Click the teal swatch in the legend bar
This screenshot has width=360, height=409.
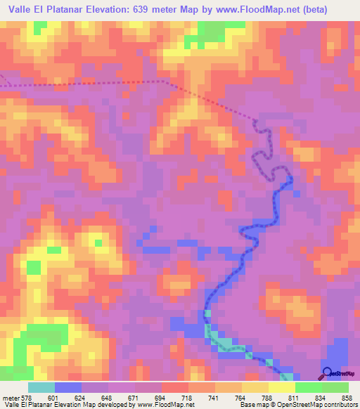point(41,387)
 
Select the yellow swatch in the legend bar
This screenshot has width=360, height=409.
point(282,387)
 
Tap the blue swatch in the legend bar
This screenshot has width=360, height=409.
point(68,387)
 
